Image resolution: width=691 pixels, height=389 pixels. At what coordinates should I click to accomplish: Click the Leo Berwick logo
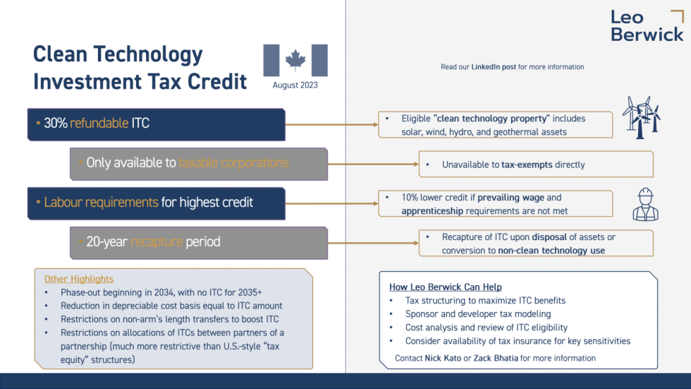(x=647, y=26)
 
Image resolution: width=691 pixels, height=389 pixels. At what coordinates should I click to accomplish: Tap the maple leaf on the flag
(x=295, y=61)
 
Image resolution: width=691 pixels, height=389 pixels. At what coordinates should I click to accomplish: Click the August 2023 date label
(x=295, y=85)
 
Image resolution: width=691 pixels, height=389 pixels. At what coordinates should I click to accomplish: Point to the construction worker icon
(x=645, y=203)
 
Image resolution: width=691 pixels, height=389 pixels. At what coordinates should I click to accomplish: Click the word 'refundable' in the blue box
(x=99, y=124)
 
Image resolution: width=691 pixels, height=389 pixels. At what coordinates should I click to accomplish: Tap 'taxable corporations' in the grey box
(x=233, y=163)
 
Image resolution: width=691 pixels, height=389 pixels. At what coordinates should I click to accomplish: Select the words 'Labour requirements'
(x=101, y=203)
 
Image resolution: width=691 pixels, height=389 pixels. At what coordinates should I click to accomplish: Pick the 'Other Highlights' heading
(x=79, y=279)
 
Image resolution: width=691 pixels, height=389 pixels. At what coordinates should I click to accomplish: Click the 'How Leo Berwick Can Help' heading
(x=446, y=287)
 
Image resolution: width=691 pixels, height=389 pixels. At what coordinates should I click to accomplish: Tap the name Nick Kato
(x=443, y=358)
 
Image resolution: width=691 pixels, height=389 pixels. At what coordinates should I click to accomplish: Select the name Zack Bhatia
(x=498, y=358)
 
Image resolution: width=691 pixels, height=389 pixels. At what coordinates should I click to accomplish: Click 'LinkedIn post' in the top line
(x=494, y=67)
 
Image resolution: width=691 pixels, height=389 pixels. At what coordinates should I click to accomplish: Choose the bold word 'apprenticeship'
(x=433, y=210)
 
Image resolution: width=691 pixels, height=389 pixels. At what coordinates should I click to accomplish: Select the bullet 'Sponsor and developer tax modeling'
(x=478, y=313)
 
